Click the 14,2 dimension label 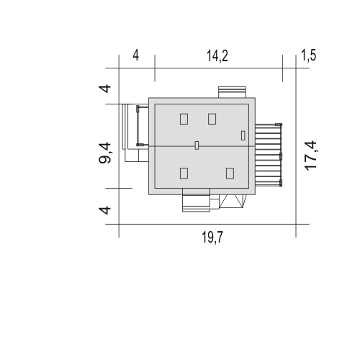[x=217, y=56]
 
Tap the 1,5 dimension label [x=309, y=55]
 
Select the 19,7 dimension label [x=212, y=238]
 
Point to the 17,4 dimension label [x=311, y=156]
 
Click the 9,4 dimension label [x=105, y=153]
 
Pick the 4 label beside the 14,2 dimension [x=135, y=55]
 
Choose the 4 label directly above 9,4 [x=105, y=89]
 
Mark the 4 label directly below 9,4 [x=105, y=210]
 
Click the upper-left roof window [x=184, y=119]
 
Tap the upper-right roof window [x=212, y=119]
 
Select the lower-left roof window [x=184, y=174]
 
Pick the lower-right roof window [x=230, y=174]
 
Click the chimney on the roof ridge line [x=197, y=145]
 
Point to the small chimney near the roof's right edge [x=243, y=135]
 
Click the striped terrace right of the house [x=269, y=155]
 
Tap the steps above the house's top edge [x=232, y=92]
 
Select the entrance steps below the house [x=196, y=203]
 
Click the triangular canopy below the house [x=233, y=201]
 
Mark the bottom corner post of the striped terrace [x=281, y=183]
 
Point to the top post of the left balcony [x=138, y=109]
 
